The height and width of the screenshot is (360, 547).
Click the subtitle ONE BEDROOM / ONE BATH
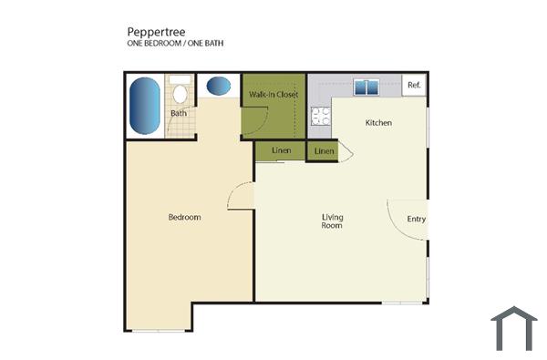pyautogui.click(x=175, y=43)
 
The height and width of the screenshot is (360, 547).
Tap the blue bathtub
pyautogui.click(x=144, y=107)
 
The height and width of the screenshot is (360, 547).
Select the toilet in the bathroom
pyautogui.click(x=180, y=93)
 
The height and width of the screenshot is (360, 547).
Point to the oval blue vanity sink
pyautogui.click(x=219, y=87)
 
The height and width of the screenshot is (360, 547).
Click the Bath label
pyautogui.click(x=179, y=114)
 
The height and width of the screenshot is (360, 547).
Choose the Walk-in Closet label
pyautogui.click(x=273, y=94)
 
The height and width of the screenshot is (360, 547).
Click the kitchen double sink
pyautogui.click(x=366, y=87)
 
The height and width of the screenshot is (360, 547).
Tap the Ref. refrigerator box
pyautogui.click(x=414, y=86)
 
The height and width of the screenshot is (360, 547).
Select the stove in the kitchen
pyautogui.click(x=320, y=116)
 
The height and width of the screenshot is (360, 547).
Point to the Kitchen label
pyautogui.click(x=378, y=122)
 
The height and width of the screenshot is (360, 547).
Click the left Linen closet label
pyautogui.click(x=281, y=149)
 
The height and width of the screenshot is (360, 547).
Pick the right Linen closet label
pyautogui.click(x=324, y=150)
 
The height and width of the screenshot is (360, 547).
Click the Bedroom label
pyautogui.click(x=184, y=217)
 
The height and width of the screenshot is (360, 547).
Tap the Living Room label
pyautogui.click(x=332, y=221)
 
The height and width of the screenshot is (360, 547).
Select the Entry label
pyautogui.click(x=416, y=219)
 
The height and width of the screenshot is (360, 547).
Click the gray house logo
pyautogui.click(x=514, y=329)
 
